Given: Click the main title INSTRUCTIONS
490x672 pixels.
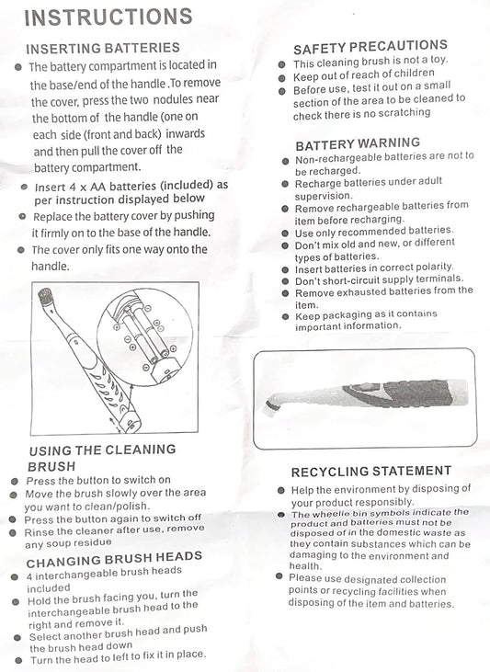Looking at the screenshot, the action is point(108,17).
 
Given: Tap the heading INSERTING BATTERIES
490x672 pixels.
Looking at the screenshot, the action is point(103,48).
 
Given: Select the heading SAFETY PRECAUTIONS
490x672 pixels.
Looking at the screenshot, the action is point(370,47).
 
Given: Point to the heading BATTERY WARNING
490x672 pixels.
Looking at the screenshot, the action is point(358,144).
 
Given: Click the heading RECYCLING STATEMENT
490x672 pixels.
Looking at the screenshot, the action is point(371,472).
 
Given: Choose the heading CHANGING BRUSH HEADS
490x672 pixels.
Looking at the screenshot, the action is point(114,559).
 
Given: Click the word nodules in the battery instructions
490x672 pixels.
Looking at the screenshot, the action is point(173,100).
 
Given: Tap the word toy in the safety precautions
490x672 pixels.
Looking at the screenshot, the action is point(439,60).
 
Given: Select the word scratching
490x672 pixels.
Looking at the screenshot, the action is point(405,113).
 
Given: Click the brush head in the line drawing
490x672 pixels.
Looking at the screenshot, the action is point(45,297).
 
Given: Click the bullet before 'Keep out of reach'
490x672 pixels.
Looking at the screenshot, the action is point(281,78).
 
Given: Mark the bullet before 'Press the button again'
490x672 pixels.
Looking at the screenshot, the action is point(13,519).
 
